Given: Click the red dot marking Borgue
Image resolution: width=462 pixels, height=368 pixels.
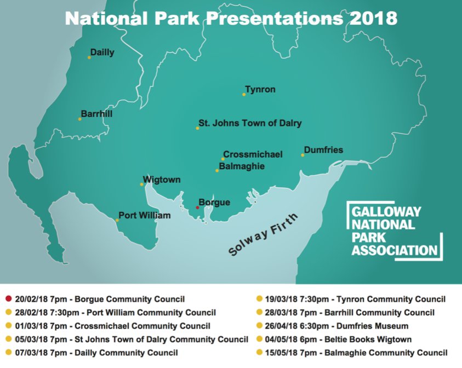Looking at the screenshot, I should pyautogui.click(x=197, y=208).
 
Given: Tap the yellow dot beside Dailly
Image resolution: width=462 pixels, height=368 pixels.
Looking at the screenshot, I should pyautogui.click(x=90, y=57).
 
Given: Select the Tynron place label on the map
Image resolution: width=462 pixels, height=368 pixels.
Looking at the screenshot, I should pyautogui.click(x=260, y=89).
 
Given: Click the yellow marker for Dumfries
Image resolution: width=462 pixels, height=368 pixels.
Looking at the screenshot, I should pyautogui.click(x=303, y=155).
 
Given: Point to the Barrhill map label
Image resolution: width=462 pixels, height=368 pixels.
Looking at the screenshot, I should pyautogui.click(x=96, y=114).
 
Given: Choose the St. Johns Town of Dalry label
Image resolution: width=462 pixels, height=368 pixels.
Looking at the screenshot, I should pyautogui.click(x=250, y=123).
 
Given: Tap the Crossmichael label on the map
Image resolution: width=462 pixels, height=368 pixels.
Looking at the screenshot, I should pyautogui.click(x=253, y=154).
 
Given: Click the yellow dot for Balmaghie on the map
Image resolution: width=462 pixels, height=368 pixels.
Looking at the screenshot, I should pyautogui.click(x=217, y=171).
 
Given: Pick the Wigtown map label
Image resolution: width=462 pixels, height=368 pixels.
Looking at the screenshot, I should pyautogui.click(x=162, y=180).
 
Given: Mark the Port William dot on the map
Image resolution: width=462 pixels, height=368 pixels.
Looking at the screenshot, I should pyautogui.click(x=117, y=220).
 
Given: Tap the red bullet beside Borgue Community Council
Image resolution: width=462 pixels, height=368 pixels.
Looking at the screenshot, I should pyautogui.click(x=8, y=299).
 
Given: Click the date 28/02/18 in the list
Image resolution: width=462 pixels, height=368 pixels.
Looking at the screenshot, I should pyautogui.click(x=31, y=313).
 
